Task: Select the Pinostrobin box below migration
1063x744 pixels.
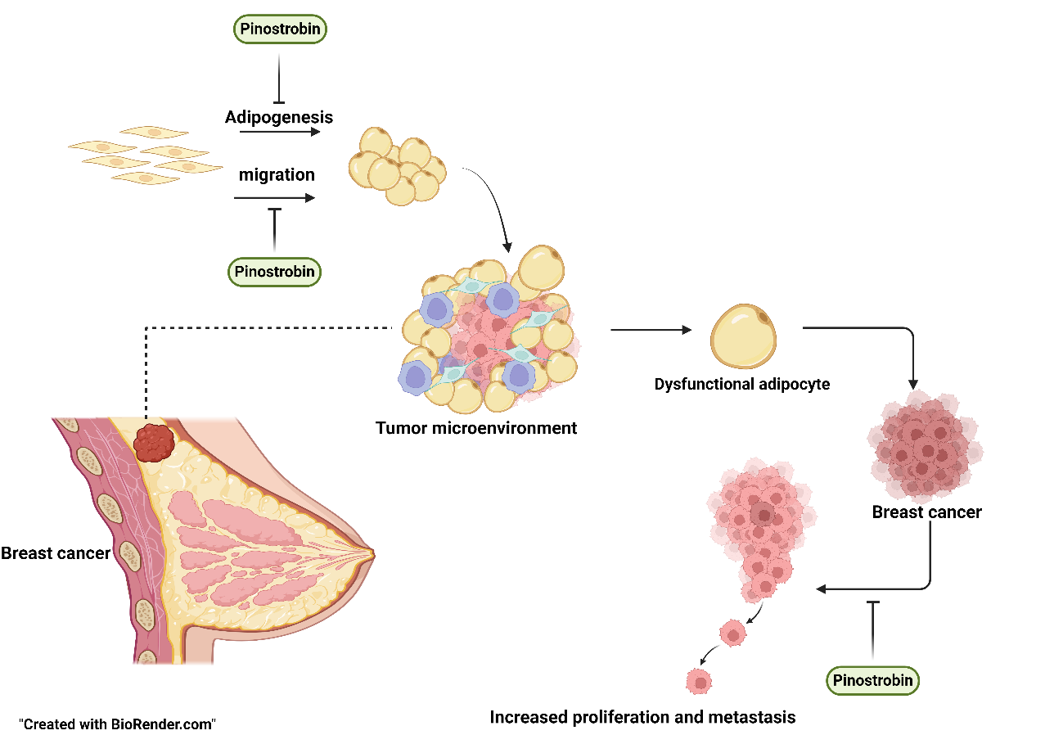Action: pyautogui.click(x=274, y=272)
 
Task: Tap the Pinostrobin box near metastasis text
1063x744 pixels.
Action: pyautogui.click(x=872, y=680)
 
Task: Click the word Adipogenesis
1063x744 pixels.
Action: pyautogui.click(x=279, y=117)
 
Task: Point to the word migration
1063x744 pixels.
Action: pyautogui.click(x=277, y=175)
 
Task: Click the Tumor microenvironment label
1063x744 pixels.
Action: pyautogui.click(x=476, y=428)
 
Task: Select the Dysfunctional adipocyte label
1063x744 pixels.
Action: pyautogui.click(x=741, y=384)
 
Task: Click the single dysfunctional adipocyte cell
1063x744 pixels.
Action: pyautogui.click(x=743, y=336)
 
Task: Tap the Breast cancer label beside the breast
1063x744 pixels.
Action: pyautogui.click(x=55, y=553)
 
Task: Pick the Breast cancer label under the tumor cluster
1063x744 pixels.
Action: pyautogui.click(x=926, y=513)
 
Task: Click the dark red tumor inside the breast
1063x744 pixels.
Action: pyautogui.click(x=156, y=443)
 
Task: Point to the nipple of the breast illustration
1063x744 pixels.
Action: pyautogui.click(x=372, y=554)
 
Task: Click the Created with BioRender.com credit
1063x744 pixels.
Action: pyautogui.click(x=116, y=724)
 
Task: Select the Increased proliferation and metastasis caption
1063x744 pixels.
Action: pyautogui.click(x=642, y=718)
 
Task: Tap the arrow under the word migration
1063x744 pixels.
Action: pyautogui.click(x=274, y=197)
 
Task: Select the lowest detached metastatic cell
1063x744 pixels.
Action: pyautogui.click(x=698, y=680)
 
